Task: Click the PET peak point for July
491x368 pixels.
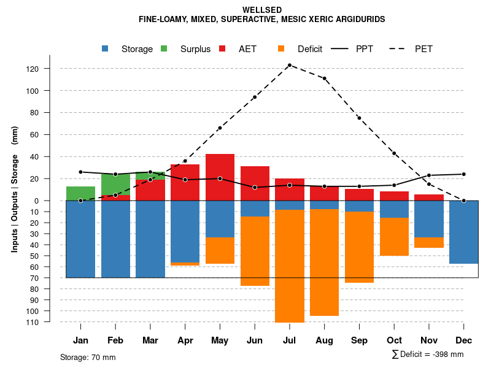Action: click(x=290, y=65)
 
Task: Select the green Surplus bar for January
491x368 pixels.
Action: click(x=80, y=193)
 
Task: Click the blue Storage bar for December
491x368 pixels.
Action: click(x=463, y=232)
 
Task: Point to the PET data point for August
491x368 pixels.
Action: click(x=324, y=79)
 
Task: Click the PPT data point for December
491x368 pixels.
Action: click(x=463, y=174)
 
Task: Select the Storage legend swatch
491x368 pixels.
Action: click(x=106, y=49)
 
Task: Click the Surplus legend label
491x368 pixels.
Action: click(x=195, y=49)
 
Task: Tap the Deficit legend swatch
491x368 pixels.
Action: click(x=281, y=49)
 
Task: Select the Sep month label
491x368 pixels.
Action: click(x=359, y=340)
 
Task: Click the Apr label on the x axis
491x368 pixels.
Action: click(x=185, y=340)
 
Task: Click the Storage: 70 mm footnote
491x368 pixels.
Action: click(x=88, y=357)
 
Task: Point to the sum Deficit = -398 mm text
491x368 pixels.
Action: click(x=428, y=355)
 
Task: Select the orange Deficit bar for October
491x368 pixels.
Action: click(x=394, y=237)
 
